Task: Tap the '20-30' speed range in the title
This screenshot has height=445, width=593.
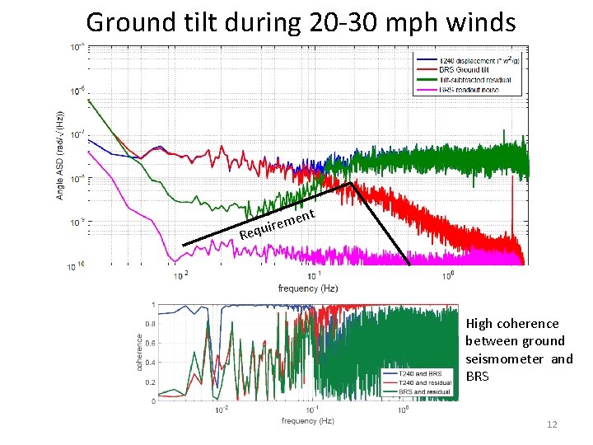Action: pyautogui.click(x=338, y=22)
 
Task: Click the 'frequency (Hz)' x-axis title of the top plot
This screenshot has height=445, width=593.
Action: pyautogui.click(x=307, y=288)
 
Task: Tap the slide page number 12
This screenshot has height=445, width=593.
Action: pyautogui.click(x=553, y=424)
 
